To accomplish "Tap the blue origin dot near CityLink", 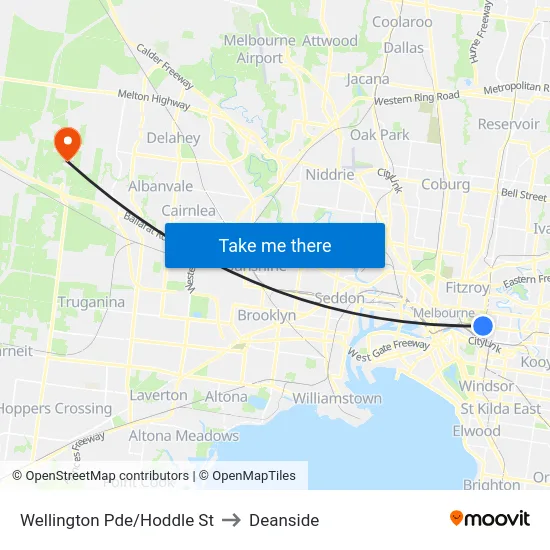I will [483, 326].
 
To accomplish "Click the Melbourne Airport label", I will [260, 49].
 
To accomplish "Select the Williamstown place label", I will [337, 398].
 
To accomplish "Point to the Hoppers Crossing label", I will [55, 408].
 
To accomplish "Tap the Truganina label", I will [91, 302].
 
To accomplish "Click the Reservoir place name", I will [508, 124].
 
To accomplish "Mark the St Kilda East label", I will [500, 408].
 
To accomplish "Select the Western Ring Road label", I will [416, 98].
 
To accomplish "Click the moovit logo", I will [489, 518].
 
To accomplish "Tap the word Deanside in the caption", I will [284, 520].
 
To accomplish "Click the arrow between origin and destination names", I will [231, 520].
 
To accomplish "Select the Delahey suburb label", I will [173, 138].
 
